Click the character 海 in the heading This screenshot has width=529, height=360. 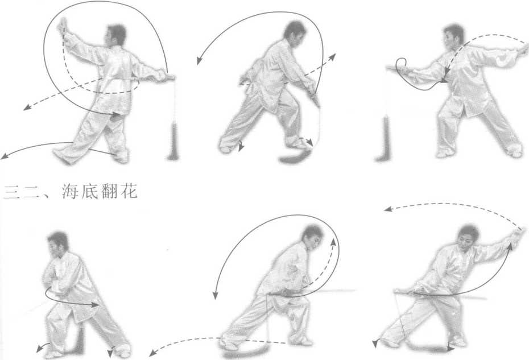point(71,192)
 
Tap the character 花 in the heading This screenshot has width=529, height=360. point(129,192)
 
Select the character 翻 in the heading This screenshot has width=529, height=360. point(110,192)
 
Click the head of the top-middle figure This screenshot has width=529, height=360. point(294,31)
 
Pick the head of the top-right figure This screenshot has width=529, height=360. point(453,36)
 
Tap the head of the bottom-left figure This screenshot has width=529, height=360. point(58,243)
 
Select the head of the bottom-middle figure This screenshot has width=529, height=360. point(313,237)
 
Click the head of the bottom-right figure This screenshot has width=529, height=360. point(468,238)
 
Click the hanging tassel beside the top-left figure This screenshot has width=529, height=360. point(174,141)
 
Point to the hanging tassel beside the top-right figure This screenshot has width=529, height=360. point(383,138)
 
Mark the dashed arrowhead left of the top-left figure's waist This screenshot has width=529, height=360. point(27,107)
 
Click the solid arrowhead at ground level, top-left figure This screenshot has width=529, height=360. point(5,156)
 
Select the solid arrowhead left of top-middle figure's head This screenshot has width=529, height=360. point(199,61)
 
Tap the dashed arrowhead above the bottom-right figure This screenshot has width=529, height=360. point(387,209)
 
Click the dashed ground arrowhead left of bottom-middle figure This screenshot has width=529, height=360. point(153,353)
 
